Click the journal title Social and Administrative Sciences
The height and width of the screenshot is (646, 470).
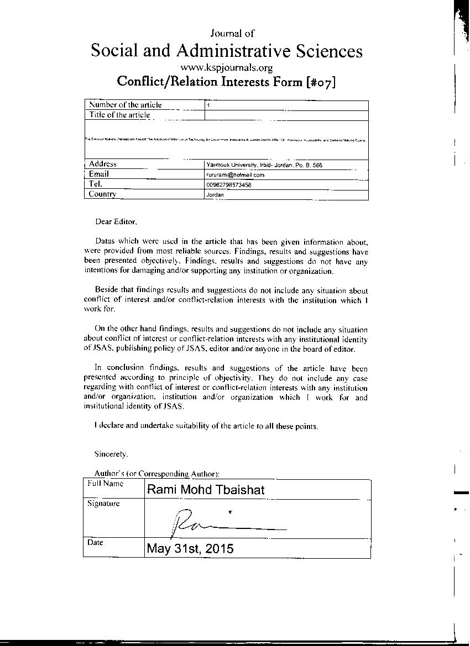click(x=226, y=51)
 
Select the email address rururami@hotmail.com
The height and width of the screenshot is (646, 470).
click(x=235, y=174)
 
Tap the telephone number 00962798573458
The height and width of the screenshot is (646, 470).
click(x=228, y=185)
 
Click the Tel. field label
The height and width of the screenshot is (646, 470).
click(x=96, y=184)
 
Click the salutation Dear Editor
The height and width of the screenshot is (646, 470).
click(x=115, y=221)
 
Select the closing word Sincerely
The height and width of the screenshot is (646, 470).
click(x=111, y=454)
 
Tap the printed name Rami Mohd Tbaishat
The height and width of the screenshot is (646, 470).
click(x=206, y=489)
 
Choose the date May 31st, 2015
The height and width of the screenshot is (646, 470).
click(x=190, y=549)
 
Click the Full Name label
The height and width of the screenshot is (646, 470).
click(x=105, y=484)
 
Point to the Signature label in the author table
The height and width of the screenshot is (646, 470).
click(x=103, y=504)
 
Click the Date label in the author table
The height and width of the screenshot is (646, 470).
click(x=95, y=543)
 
